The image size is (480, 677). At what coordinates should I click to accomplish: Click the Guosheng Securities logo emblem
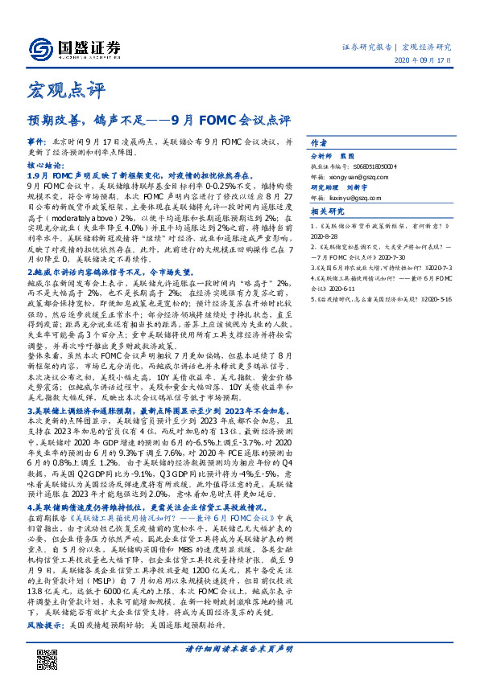coord(39,47)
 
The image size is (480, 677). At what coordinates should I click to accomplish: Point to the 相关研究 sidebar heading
coord(328,212)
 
